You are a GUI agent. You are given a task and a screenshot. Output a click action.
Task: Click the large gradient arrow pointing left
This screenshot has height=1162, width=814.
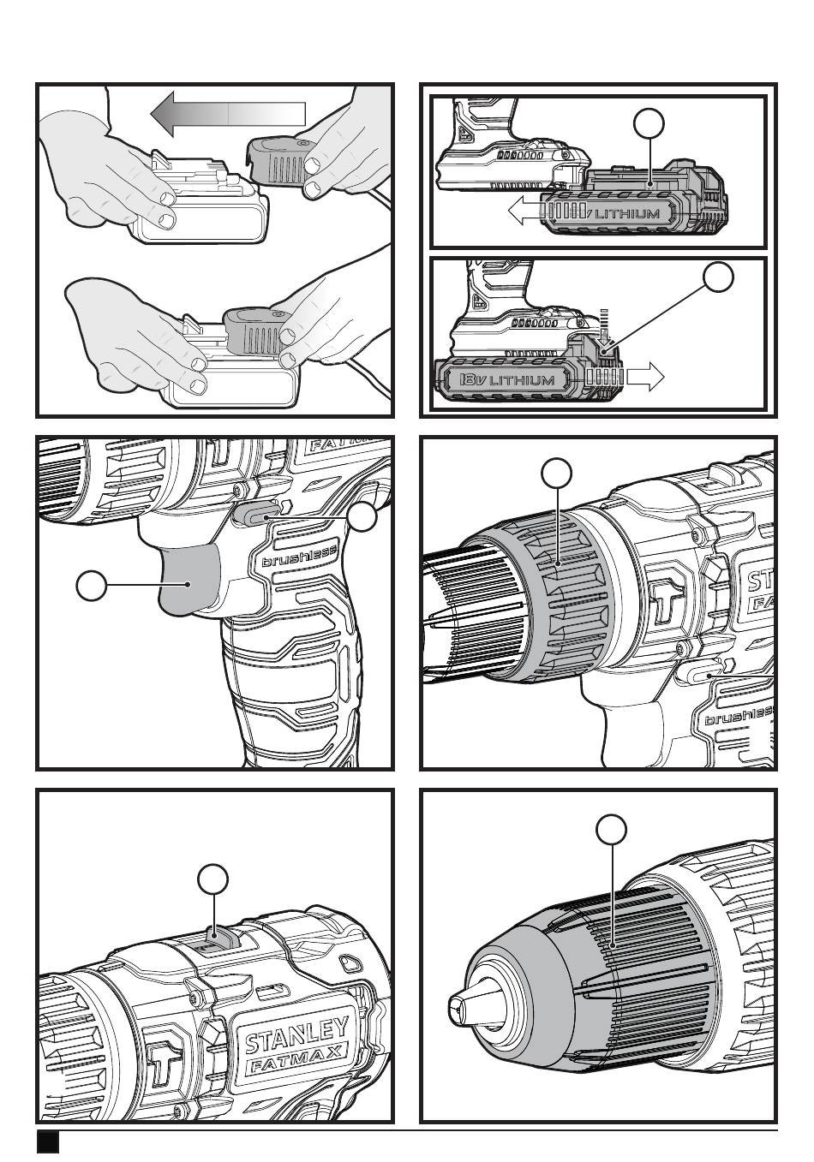click(x=227, y=113)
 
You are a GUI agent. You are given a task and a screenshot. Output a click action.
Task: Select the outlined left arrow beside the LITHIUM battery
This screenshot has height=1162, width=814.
click(x=523, y=212)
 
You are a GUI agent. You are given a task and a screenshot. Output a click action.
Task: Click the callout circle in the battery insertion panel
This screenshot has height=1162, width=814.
click(x=649, y=124)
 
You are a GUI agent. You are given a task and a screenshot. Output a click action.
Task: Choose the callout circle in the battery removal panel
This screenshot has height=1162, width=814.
click(x=719, y=277)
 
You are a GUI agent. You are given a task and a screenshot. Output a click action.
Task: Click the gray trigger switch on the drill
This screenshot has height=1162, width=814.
click(x=190, y=581)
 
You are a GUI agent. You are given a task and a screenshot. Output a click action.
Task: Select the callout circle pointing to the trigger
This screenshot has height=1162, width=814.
click(x=91, y=587)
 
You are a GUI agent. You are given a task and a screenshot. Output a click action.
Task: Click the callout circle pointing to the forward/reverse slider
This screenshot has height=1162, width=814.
click(x=364, y=516)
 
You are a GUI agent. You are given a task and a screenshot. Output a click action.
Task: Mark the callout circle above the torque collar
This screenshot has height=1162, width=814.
click(x=558, y=472)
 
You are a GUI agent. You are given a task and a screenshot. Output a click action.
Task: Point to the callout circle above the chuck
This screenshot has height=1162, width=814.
click(x=611, y=829)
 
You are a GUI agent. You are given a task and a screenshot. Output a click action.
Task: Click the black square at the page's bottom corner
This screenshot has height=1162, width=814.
click(x=48, y=1142)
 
